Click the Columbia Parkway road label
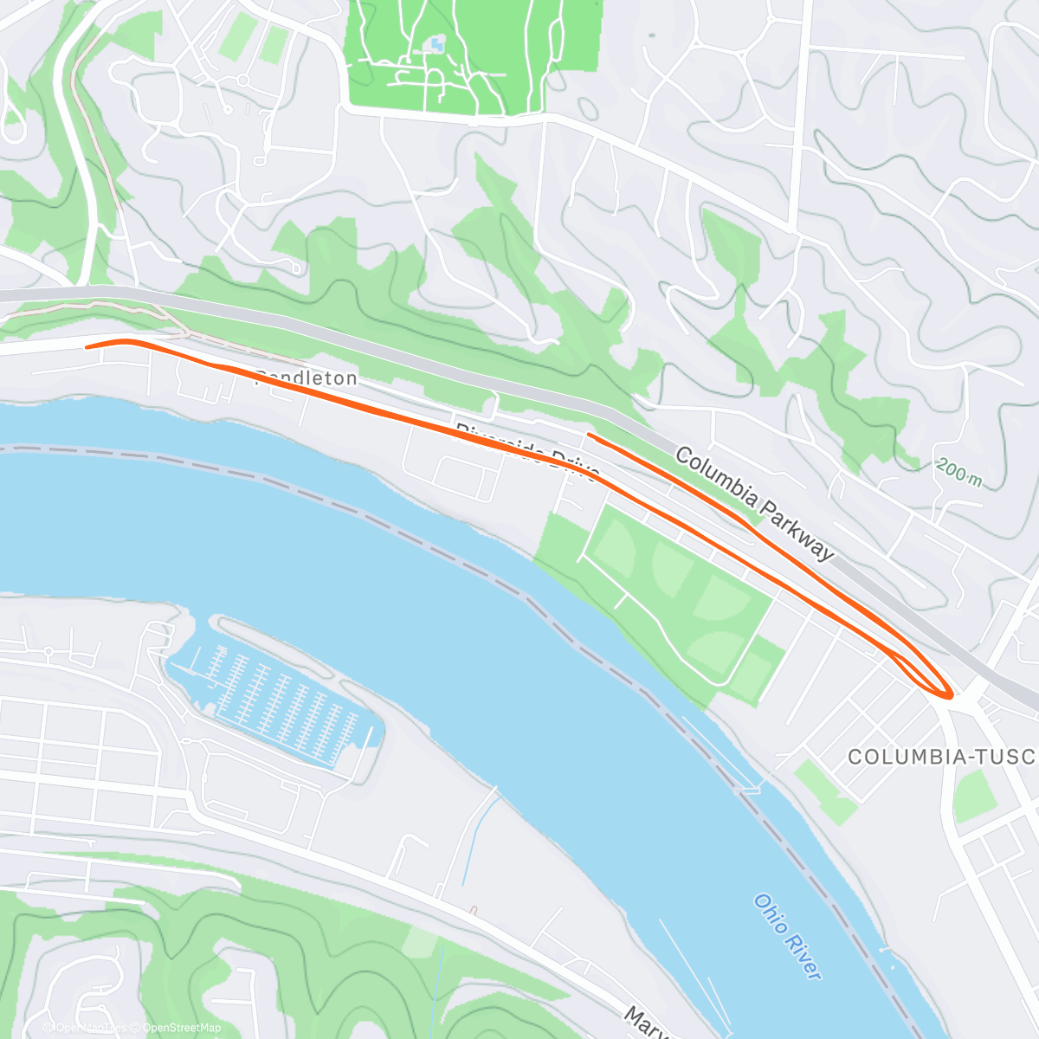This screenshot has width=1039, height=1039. [754, 503]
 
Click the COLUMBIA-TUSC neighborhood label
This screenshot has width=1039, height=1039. [942, 757]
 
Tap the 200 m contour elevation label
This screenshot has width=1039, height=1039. [959, 473]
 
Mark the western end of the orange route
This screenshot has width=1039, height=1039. [87, 347]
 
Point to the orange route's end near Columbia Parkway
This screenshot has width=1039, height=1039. [589, 434]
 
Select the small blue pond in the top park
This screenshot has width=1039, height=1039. [436, 42]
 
